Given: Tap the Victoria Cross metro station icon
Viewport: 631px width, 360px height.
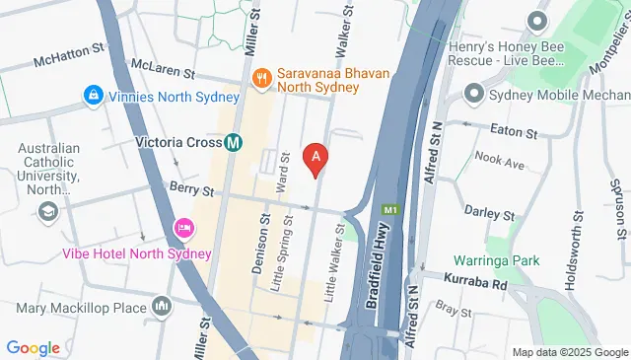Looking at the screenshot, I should click(x=234, y=142).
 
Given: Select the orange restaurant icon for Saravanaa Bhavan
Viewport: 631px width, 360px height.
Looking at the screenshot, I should click(x=262, y=76).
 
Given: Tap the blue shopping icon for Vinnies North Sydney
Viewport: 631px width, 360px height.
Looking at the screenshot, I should click(x=93, y=96).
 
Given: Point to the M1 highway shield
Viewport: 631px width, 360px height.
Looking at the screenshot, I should click(x=391, y=210).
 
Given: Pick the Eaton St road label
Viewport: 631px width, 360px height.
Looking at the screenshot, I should click(x=517, y=132).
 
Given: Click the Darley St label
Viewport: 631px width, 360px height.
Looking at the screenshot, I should click(x=490, y=214).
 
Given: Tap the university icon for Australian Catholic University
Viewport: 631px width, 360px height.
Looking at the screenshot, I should click(x=46, y=211).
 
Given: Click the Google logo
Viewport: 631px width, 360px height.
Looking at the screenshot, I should click(x=33, y=347).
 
